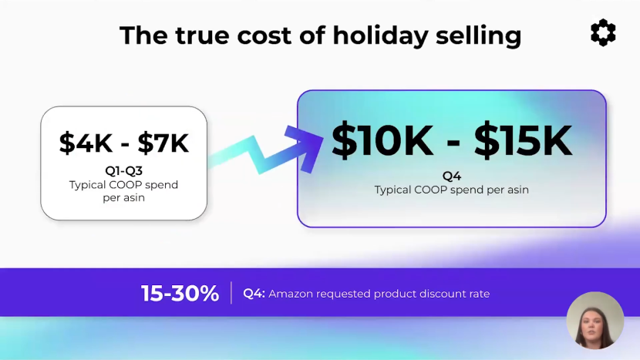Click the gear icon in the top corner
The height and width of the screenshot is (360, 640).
[x=603, y=32]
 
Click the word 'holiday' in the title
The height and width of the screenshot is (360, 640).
[x=380, y=35]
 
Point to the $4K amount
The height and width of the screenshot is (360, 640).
[x=86, y=143]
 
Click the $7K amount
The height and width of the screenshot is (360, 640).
[x=163, y=143]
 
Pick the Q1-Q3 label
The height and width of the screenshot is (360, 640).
[x=123, y=170]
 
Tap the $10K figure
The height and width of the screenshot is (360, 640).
[x=382, y=140]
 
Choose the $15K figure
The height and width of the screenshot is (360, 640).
[x=523, y=140]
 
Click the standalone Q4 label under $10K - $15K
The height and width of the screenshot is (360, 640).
[x=452, y=176]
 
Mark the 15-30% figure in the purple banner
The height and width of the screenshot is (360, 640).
[x=180, y=294]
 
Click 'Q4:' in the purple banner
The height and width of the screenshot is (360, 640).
[x=254, y=294]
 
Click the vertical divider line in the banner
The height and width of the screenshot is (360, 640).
[x=231, y=293]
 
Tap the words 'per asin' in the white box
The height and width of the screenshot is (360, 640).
[x=123, y=198]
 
